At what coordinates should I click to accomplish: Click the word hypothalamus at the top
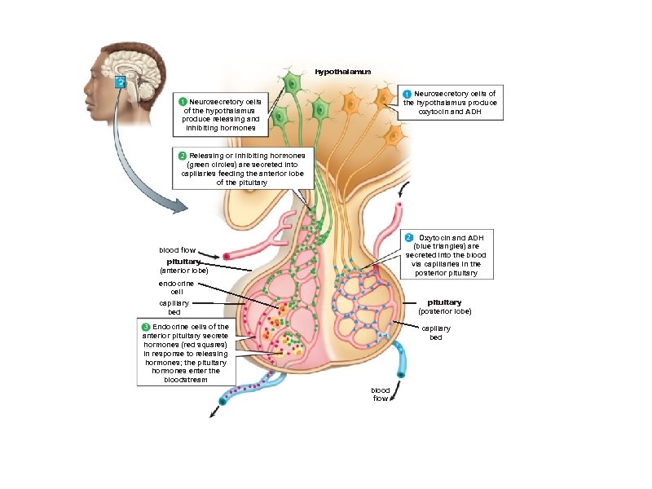pyautogui.click(x=342, y=72)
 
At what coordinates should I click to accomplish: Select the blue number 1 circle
pyautogui.click(x=407, y=94)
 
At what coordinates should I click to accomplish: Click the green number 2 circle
pyautogui.click(x=183, y=155)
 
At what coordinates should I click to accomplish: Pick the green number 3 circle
pyautogui.click(x=146, y=327)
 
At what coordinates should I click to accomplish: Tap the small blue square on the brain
pyautogui.click(x=119, y=81)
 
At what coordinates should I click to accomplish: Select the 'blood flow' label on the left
pyautogui.click(x=177, y=249)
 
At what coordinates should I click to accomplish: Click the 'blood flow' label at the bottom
pyautogui.click(x=381, y=394)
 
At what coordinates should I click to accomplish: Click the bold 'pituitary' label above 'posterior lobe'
pyautogui.click(x=444, y=302)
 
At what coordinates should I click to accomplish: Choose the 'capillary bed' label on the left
pyautogui.click(x=174, y=307)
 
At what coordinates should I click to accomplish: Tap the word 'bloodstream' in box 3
pyautogui.click(x=186, y=380)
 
